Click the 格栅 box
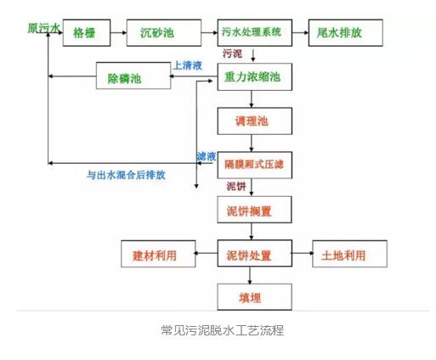click(x=84, y=34)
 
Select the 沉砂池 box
click(x=157, y=34)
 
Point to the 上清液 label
click(x=186, y=65)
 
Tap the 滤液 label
click(x=207, y=155)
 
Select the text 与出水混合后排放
click(x=126, y=176)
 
